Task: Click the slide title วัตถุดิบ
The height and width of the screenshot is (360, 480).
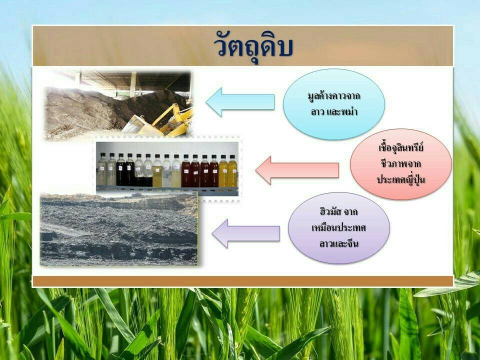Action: point(253,47)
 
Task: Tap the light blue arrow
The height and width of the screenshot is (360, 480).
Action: point(240,102)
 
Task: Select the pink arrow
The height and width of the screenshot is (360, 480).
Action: point(297,170)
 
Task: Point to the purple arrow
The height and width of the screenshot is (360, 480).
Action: point(245,233)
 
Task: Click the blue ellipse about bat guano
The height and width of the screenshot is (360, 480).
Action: point(333,104)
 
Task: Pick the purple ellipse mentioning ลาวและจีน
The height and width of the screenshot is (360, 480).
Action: point(338,228)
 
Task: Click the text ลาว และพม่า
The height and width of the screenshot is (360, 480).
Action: point(334,112)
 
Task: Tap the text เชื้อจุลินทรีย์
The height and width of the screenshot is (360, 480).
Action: point(400,147)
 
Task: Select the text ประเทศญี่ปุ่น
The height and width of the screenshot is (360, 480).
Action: point(400,179)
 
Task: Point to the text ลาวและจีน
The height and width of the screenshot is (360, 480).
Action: point(338,244)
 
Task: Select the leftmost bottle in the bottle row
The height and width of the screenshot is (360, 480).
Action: point(102,170)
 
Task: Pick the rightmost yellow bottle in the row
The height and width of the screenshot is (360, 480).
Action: point(232,170)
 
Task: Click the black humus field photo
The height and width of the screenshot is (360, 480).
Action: point(119,229)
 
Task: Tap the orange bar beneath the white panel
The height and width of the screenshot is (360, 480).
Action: point(243,281)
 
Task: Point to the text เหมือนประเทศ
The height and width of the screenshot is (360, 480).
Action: point(338,228)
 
